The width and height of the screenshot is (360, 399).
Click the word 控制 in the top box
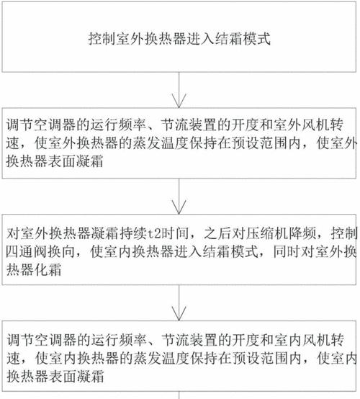[x=102, y=39]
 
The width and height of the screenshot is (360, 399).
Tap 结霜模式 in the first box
[x=243, y=39]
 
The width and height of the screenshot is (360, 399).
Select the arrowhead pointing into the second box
[x=179, y=101]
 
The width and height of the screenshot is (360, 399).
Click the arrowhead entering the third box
[x=179, y=207]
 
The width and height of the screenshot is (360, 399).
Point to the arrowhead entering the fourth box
[x=179, y=313]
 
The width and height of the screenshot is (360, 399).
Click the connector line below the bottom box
[x=179, y=395]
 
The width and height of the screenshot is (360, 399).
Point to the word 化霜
[x=48, y=269]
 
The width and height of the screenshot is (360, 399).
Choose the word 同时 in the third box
[x=287, y=251]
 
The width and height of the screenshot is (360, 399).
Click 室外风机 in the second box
[x=301, y=125]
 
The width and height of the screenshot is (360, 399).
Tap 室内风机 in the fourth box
[x=302, y=340]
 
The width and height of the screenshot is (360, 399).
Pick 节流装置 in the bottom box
[x=189, y=340]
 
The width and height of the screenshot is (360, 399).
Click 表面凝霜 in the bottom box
[x=76, y=377]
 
